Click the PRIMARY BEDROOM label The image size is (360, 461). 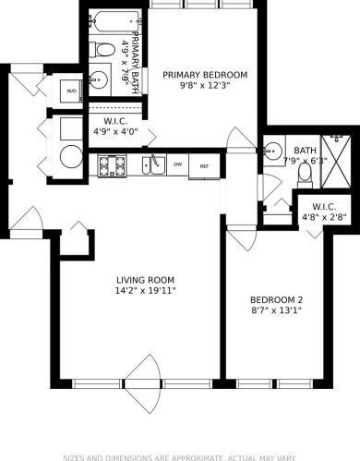coord(205,75)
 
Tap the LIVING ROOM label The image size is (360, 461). coord(145,280)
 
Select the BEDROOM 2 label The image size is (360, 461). coord(276,299)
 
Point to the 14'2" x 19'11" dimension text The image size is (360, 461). coord(145,291)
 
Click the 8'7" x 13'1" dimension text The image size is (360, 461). coord(276,310)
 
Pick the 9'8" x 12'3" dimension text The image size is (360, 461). coord(205,86)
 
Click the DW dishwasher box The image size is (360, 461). coord(177,164)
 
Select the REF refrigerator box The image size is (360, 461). coord(204,165)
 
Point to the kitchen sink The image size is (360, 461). coord(151,165)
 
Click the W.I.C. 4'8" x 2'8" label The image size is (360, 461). coord(323,212)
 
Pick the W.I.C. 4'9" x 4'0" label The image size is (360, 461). coord(116,127)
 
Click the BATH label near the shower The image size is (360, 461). coord(304,151)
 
